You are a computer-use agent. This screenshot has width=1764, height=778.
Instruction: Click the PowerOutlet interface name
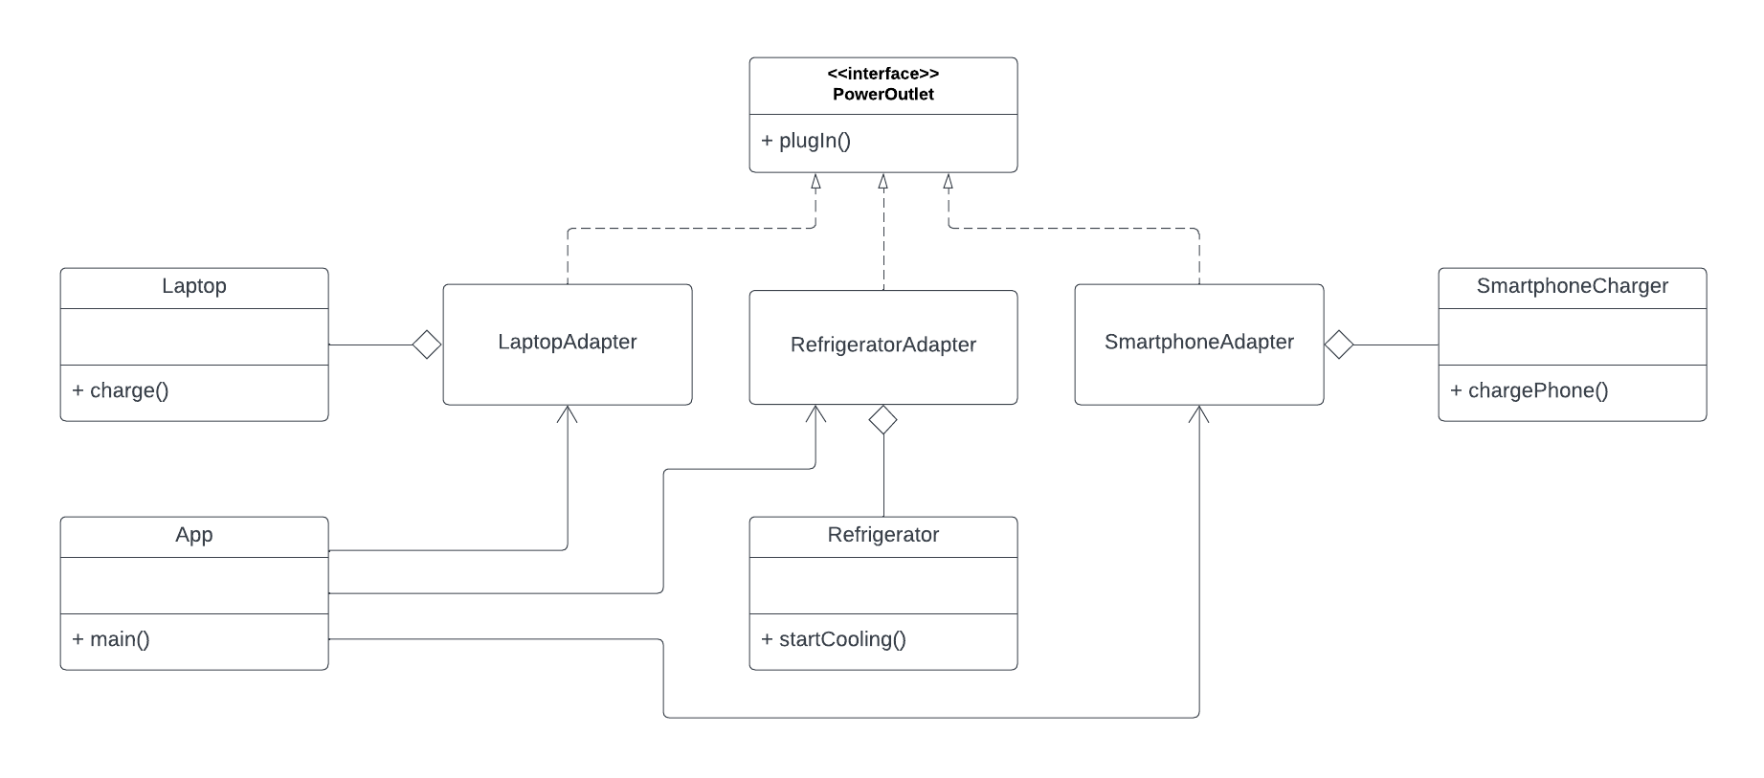point(882,94)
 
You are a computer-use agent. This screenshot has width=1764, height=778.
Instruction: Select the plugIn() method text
point(806,141)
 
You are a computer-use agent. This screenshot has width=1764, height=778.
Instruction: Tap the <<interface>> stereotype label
point(882,74)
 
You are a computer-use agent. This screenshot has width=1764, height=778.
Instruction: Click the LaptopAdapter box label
point(567,342)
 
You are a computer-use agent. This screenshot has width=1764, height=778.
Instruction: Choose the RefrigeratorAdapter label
point(882,345)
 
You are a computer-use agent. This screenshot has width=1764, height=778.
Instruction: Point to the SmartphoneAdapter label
point(1198,342)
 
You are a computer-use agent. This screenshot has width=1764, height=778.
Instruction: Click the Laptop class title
point(193,286)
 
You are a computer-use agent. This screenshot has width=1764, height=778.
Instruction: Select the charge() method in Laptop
point(121,390)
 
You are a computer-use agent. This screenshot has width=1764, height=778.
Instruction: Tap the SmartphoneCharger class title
point(1572,286)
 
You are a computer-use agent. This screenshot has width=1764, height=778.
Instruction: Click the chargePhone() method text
point(1530,390)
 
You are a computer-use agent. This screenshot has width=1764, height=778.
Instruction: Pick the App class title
point(193,535)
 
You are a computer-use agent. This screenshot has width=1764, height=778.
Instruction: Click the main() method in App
point(111,639)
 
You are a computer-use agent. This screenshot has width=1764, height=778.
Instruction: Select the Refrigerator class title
point(882,535)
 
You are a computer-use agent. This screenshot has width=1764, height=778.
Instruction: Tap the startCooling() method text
point(834,639)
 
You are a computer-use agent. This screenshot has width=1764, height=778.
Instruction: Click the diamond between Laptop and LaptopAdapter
point(427,345)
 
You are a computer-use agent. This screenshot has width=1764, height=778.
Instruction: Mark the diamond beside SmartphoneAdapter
point(1338,345)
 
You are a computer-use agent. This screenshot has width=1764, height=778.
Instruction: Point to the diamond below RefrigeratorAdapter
point(882,419)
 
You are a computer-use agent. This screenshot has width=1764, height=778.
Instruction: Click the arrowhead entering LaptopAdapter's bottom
point(568,412)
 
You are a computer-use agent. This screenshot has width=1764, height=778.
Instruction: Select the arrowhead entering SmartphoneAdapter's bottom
point(1198,412)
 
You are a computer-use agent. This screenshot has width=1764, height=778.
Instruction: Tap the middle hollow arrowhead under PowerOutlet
point(882,181)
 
